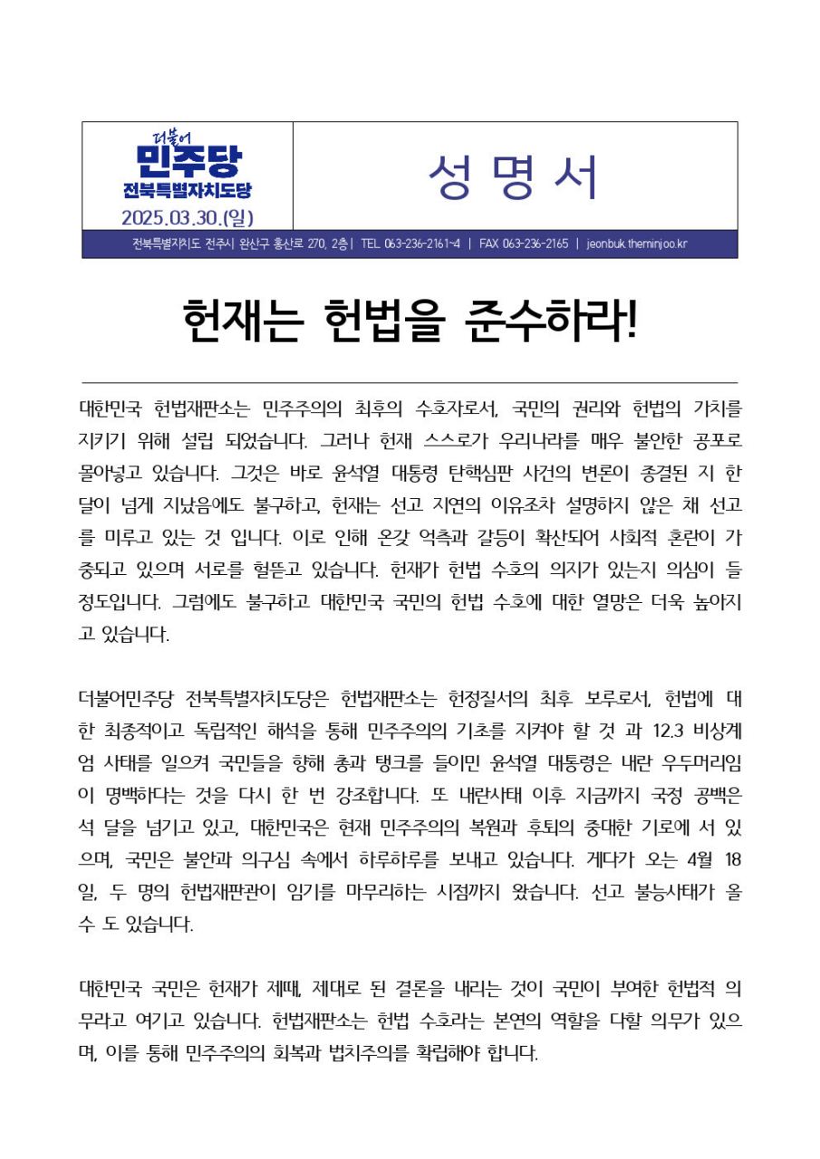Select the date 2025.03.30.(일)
188,217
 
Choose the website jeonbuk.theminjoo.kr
637,244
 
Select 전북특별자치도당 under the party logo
188,191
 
